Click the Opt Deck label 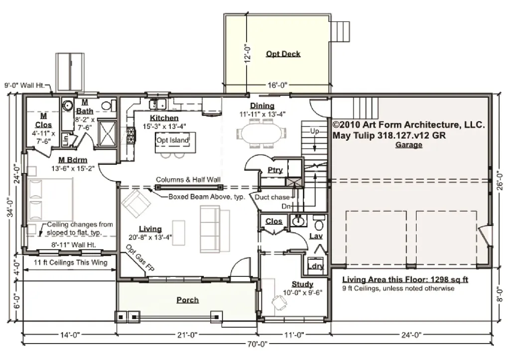point(283,54)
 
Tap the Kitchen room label point(164,118)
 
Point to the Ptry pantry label point(275,170)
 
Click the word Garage point(409,145)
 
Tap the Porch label point(188,300)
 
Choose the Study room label point(302,284)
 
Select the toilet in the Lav point(319,222)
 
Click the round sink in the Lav point(298,221)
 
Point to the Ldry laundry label point(315,266)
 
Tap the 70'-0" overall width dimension point(257,344)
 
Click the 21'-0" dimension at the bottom point(187,335)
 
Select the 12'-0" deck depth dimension point(248,53)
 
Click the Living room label point(150,229)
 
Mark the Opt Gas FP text point(140,258)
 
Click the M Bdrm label point(73,160)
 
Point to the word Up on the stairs point(314,131)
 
